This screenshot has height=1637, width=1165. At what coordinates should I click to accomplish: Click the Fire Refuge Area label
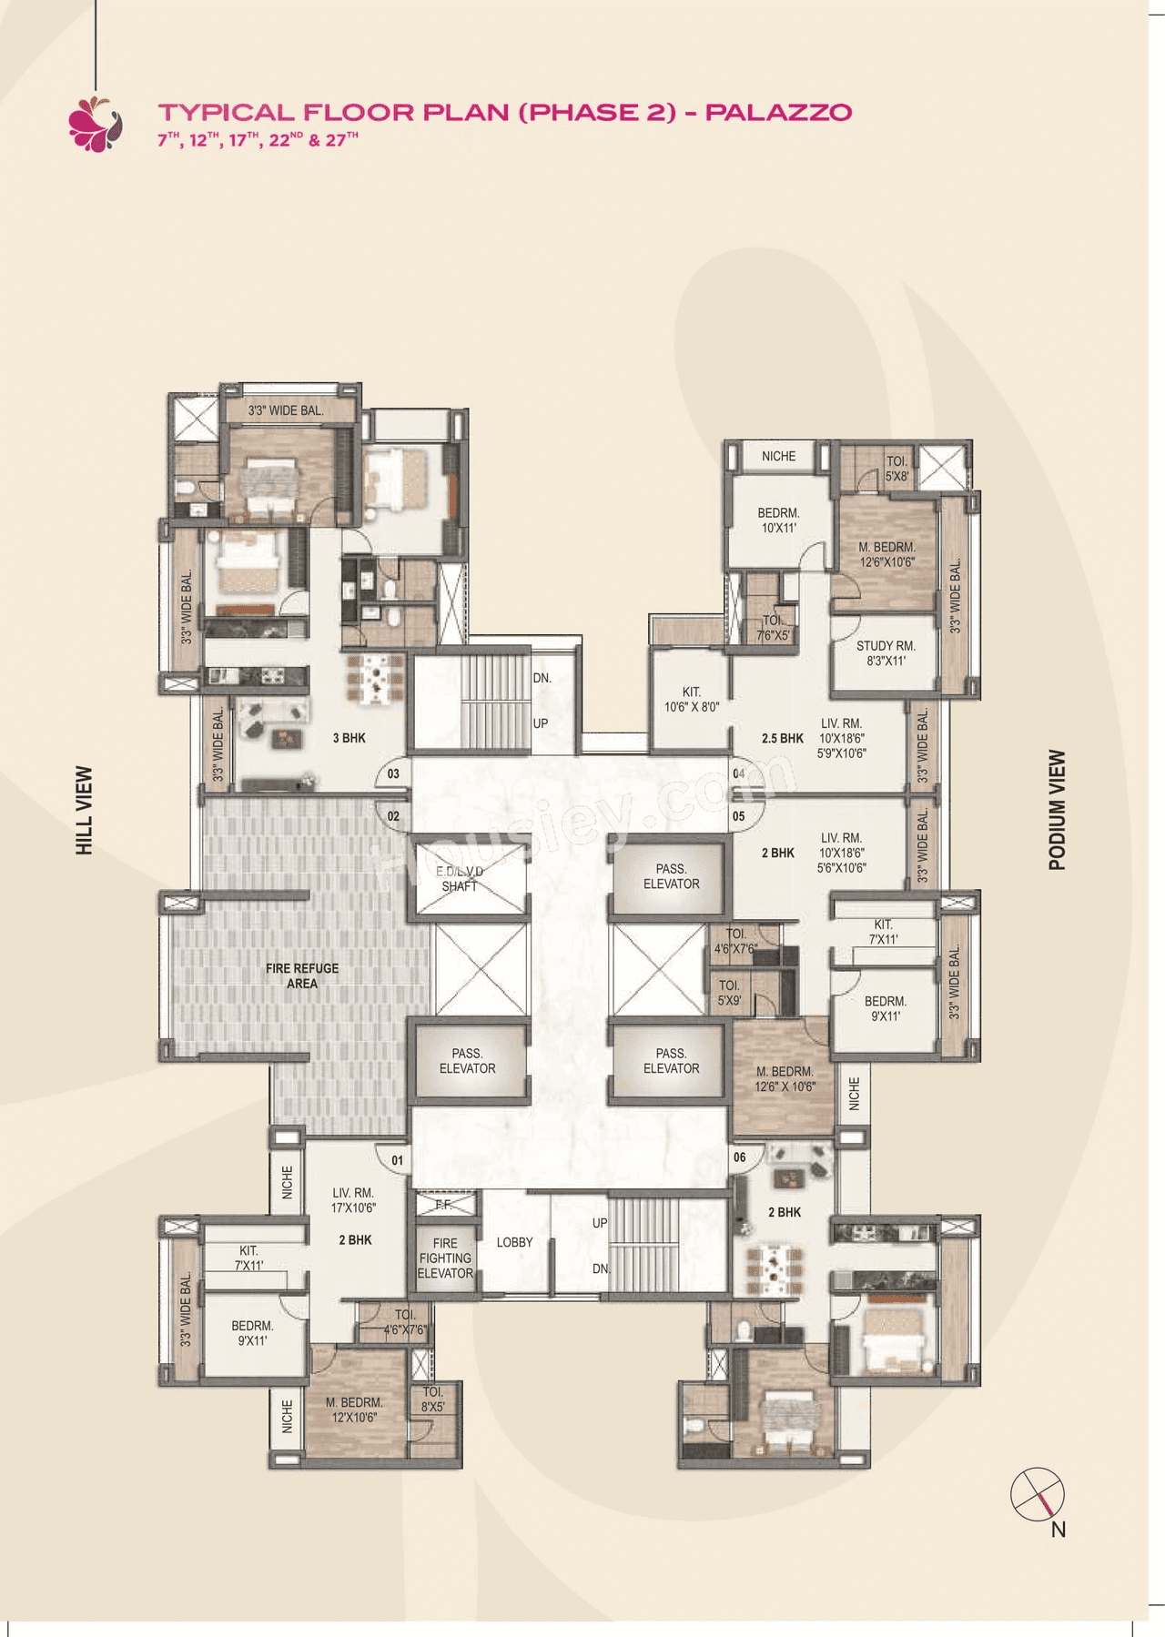(x=302, y=975)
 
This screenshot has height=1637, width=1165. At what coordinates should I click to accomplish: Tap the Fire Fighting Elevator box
(x=445, y=1258)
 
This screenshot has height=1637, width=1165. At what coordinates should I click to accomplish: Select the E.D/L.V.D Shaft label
(x=460, y=878)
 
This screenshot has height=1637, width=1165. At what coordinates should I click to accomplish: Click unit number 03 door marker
(x=393, y=773)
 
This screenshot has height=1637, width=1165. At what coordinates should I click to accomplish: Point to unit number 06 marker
(x=739, y=1157)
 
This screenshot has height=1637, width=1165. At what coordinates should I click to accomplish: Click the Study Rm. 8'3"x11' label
(x=886, y=653)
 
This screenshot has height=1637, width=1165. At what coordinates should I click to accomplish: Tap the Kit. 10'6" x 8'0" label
(x=692, y=699)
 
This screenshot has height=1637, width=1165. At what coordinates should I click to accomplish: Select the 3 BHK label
(x=349, y=738)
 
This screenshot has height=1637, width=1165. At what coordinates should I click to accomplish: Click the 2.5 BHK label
(x=782, y=738)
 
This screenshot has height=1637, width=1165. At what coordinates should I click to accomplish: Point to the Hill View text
(x=85, y=810)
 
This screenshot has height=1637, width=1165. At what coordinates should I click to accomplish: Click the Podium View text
(x=1057, y=810)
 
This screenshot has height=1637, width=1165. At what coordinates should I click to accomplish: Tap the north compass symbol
(x=1038, y=1495)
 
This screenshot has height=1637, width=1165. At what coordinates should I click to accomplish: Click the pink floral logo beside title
(x=95, y=123)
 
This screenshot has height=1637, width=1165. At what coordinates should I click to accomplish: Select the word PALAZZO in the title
(x=778, y=112)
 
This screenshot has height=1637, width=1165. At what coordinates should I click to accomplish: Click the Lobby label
(x=514, y=1242)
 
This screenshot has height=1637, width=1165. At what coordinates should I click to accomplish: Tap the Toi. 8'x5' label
(x=433, y=1399)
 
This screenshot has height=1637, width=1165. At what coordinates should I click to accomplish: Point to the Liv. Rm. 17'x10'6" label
(x=353, y=1200)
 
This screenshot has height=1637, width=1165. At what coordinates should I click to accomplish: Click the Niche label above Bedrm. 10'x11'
(x=778, y=456)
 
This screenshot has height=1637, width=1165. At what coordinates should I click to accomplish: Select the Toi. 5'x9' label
(x=729, y=993)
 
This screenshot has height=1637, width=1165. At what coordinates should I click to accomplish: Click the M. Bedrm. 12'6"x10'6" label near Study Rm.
(x=886, y=554)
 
